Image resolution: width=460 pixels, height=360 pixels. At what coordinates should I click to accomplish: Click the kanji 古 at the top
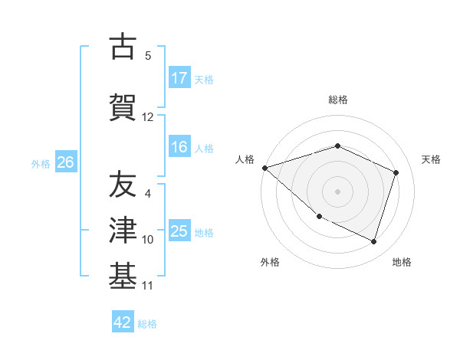point(123,47)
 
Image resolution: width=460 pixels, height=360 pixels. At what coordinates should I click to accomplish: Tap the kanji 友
point(123,185)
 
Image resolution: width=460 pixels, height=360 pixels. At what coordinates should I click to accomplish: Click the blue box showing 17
point(179,77)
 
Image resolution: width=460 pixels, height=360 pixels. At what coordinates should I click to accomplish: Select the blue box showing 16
point(179,147)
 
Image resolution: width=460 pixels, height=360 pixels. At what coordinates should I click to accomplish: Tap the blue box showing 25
point(179,231)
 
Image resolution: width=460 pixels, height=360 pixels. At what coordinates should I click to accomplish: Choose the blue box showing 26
point(66,162)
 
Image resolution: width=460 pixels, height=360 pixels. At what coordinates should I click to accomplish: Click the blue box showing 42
point(123,322)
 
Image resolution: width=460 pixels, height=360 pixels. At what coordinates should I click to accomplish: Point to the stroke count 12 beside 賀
point(148,117)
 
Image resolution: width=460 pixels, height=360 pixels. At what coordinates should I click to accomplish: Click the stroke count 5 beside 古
point(148,56)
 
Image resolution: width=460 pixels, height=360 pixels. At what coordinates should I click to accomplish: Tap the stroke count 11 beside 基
point(148,286)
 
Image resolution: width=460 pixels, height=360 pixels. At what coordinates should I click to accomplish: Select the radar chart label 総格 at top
point(337,100)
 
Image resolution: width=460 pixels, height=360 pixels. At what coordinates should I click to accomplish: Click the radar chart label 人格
point(245,159)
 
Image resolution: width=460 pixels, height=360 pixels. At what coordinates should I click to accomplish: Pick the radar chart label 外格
point(270,262)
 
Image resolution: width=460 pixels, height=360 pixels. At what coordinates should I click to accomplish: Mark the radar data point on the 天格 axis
point(396,172)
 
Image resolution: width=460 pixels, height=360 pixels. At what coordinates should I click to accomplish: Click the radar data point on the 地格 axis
point(373,242)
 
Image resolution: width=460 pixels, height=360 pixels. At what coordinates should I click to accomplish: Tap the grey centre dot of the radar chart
point(337,191)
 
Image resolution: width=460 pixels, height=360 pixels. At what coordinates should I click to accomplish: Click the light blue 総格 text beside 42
point(147,324)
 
